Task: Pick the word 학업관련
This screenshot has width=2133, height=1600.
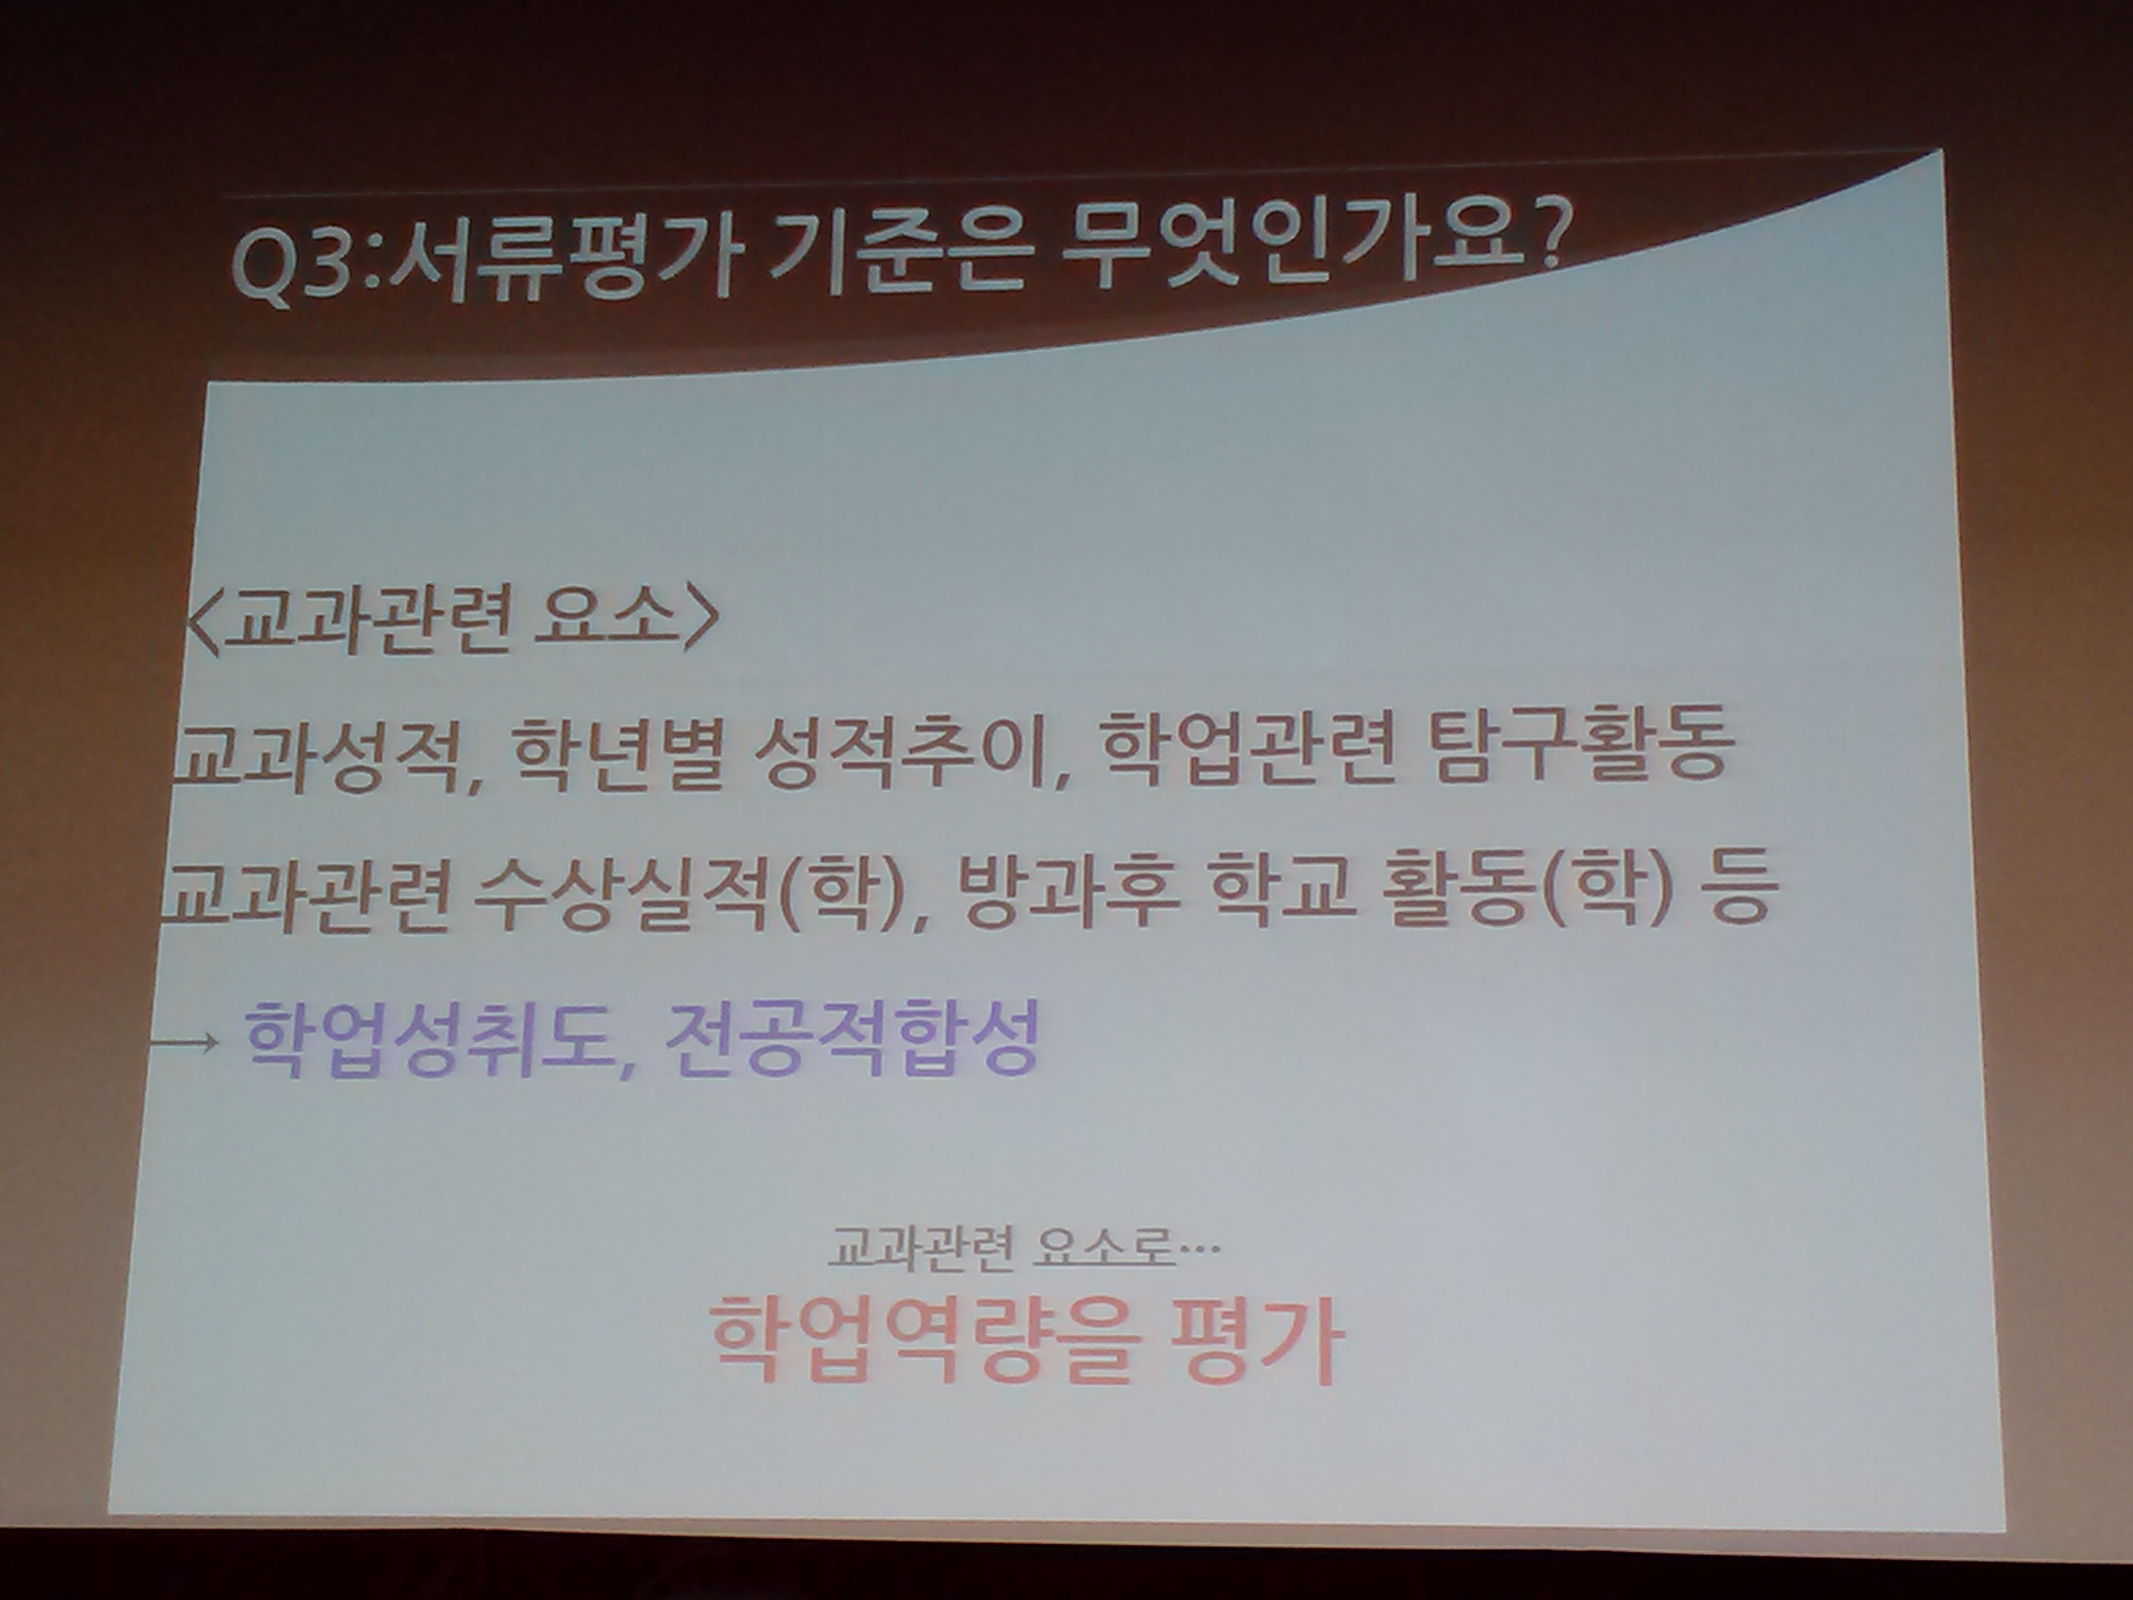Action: (x=1246, y=748)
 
